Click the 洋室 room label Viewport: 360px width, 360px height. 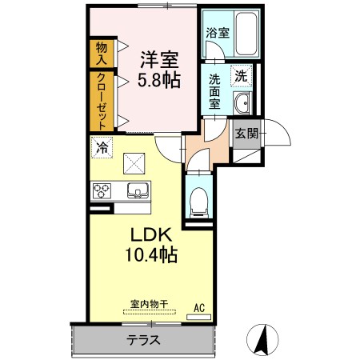pyautogui.click(x=160, y=60)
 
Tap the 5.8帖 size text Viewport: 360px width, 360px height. pyautogui.click(x=159, y=80)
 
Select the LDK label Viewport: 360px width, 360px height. pyautogui.click(x=150, y=235)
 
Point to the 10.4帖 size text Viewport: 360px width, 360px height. pyautogui.click(x=151, y=254)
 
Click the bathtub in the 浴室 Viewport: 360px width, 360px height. pyautogui.click(x=246, y=34)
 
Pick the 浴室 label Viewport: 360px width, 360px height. pyautogui.click(x=218, y=33)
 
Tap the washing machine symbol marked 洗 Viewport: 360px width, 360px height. pyautogui.click(x=242, y=76)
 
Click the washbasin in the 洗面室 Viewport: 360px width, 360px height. pyautogui.click(x=242, y=102)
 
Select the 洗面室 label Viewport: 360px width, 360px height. pyautogui.click(x=214, y=91)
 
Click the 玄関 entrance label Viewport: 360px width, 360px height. pyautogui.click(x=247, y=134)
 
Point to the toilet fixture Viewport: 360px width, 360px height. pyautogui.click(x=198, y=202)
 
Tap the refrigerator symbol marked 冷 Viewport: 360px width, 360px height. pyautogui.click(x=102, y=147)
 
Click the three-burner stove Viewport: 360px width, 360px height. pyautogui.click(x=102, y=191)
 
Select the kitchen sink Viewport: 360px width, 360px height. pyautogui.click(x=138, y=190)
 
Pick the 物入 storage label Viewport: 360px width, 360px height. pyautogui.click(x=102, y=54)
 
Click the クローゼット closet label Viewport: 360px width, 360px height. pyautogui.click(x=102, y=102)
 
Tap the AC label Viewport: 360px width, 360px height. pyautogui.click(x=199, y=308)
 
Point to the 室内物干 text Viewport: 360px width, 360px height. pyautogui.click(x=150, y=304)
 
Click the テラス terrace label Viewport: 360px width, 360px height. pyautogui.click(x=143, y=340)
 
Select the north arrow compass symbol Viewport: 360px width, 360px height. pyautogui.click(x=262, y=340)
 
